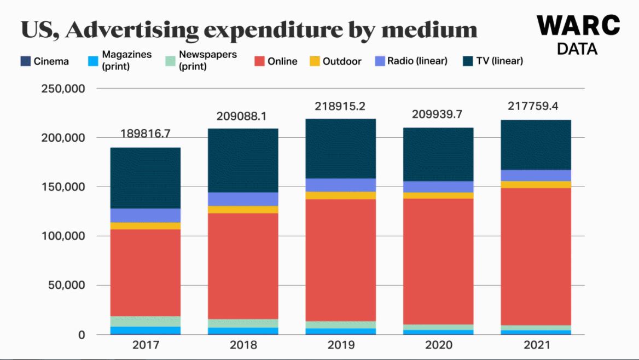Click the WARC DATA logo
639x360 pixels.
point(578,34)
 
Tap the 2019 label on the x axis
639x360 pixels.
point(341,345)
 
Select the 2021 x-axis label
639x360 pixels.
point(536,345)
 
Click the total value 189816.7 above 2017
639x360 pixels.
point(146,134)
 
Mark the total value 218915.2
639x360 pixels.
point(340,106)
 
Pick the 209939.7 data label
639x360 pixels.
point(438,114)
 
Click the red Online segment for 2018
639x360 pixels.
point(243,266)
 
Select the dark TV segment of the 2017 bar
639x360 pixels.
point(146,178)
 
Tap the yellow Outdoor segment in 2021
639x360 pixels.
point(536,184)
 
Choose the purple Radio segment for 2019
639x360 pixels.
point(341,185)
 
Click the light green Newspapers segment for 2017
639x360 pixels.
point(146,321)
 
